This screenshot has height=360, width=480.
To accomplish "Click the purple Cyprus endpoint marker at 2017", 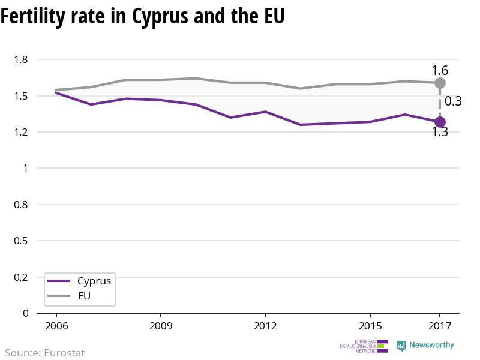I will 440,122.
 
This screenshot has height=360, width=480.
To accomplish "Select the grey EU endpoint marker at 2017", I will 440,83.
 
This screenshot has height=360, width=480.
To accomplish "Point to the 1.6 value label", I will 440,70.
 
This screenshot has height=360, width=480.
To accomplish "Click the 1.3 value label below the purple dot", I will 440,133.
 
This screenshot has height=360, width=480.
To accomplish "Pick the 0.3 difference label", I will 453,101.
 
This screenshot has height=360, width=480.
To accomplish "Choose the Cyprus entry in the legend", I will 94,281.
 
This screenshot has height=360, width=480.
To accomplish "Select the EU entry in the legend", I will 85,296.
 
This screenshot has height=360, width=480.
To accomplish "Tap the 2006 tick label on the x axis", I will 56,326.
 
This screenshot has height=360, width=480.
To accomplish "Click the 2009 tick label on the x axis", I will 161,326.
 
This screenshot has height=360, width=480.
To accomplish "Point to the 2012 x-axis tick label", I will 265,326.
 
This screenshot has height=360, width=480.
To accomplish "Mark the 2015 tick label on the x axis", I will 370,326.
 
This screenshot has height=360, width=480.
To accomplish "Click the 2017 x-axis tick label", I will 440,326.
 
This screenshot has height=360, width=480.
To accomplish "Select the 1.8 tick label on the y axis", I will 22,59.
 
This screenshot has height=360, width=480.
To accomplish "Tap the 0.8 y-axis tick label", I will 22,205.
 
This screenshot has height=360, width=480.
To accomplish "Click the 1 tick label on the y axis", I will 25,168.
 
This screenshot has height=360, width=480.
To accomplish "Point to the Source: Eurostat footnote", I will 45,353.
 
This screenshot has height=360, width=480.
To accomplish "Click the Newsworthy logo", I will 425,346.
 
